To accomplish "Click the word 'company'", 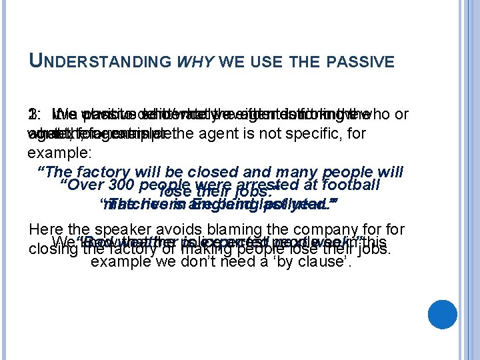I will [353, 230].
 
